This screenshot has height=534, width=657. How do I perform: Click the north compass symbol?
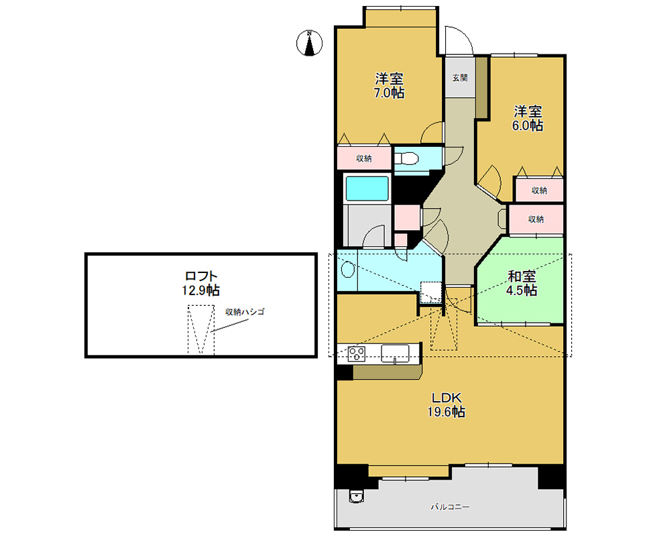(309, 43)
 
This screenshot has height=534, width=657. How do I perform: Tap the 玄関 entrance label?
(460, 78)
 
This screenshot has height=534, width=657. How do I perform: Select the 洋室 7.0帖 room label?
(389, 85)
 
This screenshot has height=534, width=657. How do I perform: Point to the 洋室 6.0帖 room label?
(528, 119)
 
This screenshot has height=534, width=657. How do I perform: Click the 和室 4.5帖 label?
(522, 283)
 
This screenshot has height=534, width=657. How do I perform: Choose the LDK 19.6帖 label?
(446, 405)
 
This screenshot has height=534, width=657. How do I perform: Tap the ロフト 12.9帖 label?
(200, 283)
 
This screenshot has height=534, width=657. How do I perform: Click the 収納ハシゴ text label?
(245, 312)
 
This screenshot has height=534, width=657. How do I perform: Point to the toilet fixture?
(406, 159)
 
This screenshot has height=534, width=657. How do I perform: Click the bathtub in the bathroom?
(367, 189)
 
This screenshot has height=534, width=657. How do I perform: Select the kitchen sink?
(395, 354)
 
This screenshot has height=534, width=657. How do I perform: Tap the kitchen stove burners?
(357, 354)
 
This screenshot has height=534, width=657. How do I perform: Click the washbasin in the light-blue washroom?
(348, 269)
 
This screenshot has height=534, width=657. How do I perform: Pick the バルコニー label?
(451, 507)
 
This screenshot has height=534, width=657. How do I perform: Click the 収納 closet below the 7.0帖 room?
(364, 158)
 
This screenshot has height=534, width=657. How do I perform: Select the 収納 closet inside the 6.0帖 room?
(539, 191)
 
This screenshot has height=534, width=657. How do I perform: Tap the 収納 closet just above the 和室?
(536, 219)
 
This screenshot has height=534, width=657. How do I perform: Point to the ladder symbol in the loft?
(201, 330)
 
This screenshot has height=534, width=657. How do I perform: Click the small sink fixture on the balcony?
(356, 496)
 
